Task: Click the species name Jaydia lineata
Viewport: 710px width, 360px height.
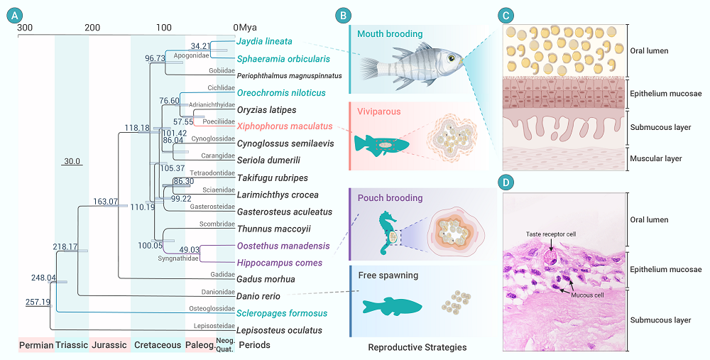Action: tap(264, 41)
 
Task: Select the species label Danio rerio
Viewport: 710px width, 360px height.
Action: tap(259, 296)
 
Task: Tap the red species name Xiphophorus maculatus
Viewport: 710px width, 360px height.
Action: tap(275, 126)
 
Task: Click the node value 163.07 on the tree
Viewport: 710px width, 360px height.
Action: tap(106, 202)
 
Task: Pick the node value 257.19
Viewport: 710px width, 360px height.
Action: tap(37, 302)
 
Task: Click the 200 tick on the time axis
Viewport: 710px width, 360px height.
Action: tap(92, 27)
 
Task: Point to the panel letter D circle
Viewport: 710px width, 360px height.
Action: tap(506, 183)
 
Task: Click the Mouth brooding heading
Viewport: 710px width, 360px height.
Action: tap(390, 33)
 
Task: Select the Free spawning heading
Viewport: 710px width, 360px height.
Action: tap(388, 275)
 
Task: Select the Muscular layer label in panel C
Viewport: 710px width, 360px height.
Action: tap(655, 158)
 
